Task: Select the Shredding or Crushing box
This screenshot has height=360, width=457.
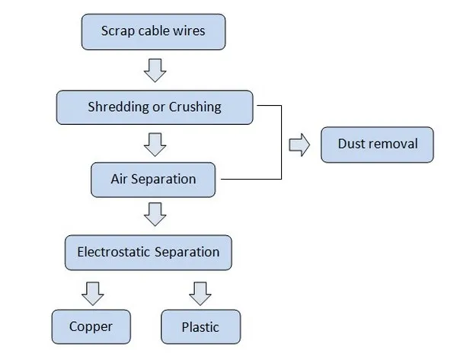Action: point(154,107)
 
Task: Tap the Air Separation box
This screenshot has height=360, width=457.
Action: point(155,180)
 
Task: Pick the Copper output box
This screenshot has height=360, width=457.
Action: point(91,327)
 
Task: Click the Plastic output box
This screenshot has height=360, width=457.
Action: point(200,327)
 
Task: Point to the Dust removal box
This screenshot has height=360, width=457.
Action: point(376,143)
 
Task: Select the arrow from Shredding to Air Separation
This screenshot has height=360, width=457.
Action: point(155,143)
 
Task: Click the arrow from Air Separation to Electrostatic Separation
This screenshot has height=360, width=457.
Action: point(155,215)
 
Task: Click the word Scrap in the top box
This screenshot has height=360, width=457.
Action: point(117,32)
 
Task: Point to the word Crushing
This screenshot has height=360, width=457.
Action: point(195,107)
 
